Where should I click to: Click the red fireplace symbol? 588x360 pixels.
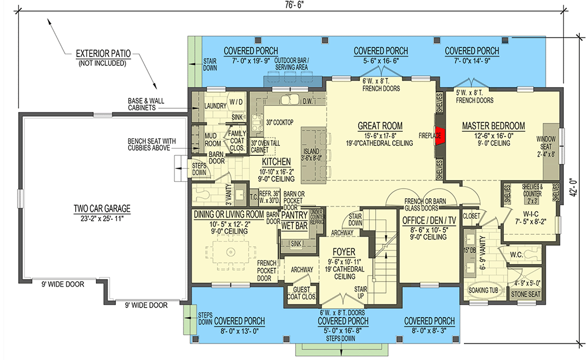pyautogui.click(x=440, y=136)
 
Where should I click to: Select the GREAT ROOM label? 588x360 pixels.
pyautogui.click(x=380, y=126)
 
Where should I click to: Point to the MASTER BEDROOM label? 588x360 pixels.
pyautogui.click(x=493, y=126)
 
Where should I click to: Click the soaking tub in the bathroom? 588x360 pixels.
pyautogui.click(x=483, y=291)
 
